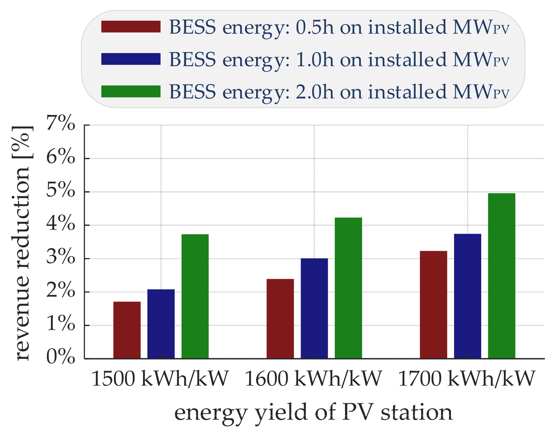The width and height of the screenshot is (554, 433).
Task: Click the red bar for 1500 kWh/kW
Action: tap(127, 330)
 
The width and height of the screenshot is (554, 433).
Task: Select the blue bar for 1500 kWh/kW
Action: tap(161, 324)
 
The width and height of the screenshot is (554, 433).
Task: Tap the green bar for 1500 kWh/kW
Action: tap(195, 296)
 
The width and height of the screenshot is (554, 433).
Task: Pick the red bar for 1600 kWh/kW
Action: tap(280, 319)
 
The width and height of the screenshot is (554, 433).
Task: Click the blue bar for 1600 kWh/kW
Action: tap(314, 308)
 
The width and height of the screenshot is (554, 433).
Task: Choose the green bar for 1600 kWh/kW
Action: tap(348, 288)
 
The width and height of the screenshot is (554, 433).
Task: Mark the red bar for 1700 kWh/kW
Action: tap(433, 305)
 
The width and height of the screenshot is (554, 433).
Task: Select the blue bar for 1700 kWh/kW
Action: tap(467, 296)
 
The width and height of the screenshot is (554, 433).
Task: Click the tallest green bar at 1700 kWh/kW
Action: tap(501, 276)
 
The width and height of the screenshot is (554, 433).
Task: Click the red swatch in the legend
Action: tap(131, 27)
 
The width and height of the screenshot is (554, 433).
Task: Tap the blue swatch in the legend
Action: tap(131, 59)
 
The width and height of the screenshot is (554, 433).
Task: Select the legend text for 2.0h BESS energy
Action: tap(339, 92)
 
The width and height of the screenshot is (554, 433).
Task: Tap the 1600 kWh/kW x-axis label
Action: tap(313, 379)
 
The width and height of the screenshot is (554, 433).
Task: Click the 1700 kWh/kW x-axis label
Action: tap(466, 379)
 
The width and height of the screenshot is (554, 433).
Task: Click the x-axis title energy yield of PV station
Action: tap(313, 413)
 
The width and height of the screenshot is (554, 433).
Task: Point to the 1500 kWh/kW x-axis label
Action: tap(160, 379)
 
